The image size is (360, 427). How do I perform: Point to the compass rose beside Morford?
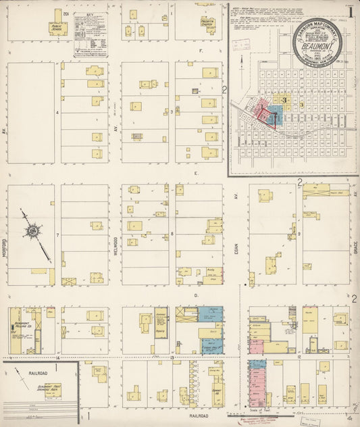pos(32,232)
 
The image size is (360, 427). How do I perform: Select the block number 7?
pos(58,235)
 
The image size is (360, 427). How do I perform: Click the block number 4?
pos(58,112)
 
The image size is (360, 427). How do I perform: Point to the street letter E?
pos(195,173)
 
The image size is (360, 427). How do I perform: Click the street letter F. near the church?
pos(201,50)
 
